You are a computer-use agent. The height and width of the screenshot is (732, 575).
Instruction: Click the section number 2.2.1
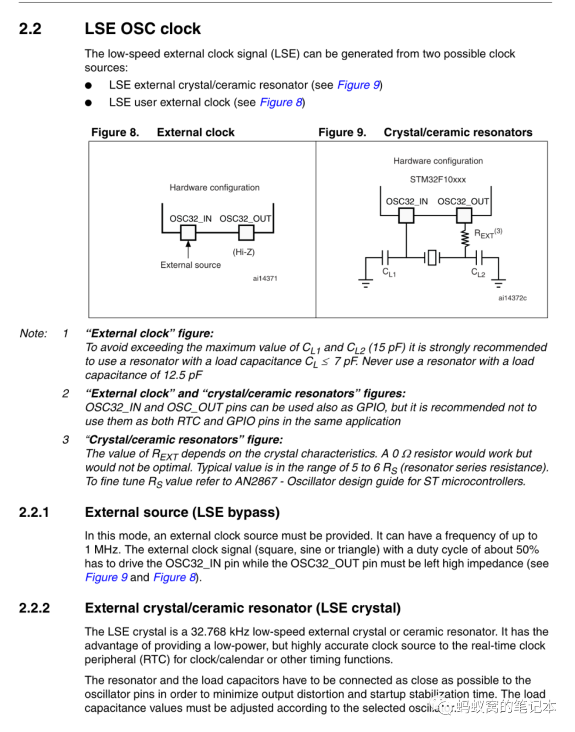pyautogui.click(x=34, y=512)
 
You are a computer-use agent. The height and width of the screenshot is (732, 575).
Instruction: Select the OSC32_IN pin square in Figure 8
pyautogui.click(x=188, y=233)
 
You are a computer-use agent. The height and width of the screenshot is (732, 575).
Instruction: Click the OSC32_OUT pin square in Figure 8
pyautogui.click(x=246, y=233)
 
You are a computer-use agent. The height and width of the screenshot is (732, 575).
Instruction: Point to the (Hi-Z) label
pyautogui.click(x=243, y=252)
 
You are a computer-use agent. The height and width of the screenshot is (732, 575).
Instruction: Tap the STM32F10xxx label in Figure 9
pyautogui.click(x=438, y=179)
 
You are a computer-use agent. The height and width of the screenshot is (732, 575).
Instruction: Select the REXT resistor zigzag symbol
pyautogui.click(x=465, y=237)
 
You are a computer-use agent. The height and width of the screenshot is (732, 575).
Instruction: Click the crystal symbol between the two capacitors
pyautogui.click(x=432, y=258)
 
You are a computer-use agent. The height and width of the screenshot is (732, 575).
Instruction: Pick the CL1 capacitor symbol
pyautogui.click(x=385, y=258)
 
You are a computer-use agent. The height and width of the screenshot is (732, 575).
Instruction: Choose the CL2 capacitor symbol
pyautogui.click(x=478, y=258)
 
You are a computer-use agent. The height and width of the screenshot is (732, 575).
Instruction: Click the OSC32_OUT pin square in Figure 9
pyautogui.click(x=464, y=215)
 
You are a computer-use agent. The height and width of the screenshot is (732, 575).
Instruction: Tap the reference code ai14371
pyautogui.click(x=265, y=278)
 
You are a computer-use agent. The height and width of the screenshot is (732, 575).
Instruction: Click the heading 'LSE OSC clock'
pyautogui.click(x=143, y=29)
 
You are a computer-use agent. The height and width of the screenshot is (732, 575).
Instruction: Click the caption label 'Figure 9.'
pyautogui.click(x=342, y=133)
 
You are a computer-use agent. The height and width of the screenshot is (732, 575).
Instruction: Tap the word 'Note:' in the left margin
pyautogui.click(x=33, y=334)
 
